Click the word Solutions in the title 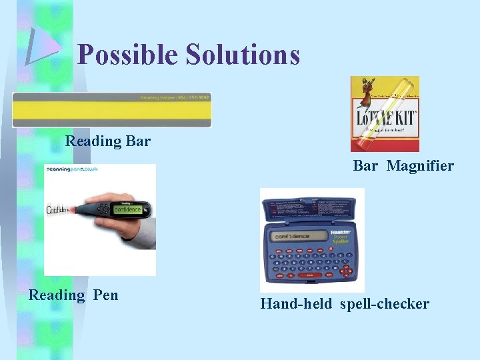coord(243,55)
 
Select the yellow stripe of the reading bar coord(111,109)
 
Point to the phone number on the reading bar coord(175,98)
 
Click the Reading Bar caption coord(107,141)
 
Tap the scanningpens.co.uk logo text coord(73,169)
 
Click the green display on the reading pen coord(127,209)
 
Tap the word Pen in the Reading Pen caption coord(105,295)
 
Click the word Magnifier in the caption coord(420,165)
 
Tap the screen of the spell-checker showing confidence coord(297,235)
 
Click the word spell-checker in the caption coord(384,304)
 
